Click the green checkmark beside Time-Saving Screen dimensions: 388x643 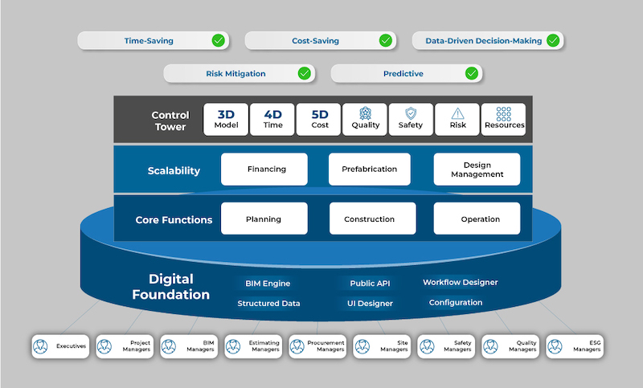(218, 40)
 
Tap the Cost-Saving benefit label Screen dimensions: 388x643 (315, 40)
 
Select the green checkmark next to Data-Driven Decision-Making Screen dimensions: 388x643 (552, 40)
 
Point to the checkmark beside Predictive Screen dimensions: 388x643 (472, 73)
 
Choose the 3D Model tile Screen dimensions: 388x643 (226, 119)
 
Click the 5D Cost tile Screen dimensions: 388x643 (319, 119)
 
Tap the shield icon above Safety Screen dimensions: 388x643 (412, 113)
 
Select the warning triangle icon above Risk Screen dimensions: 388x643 (458, 113)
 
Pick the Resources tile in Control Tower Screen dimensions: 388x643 (504, 119)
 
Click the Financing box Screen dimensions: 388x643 (264, 169)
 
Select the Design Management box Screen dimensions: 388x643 (477, 169)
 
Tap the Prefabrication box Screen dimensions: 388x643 (370, 169)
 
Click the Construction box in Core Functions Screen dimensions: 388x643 (370, 219)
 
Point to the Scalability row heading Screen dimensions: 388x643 (174, 170)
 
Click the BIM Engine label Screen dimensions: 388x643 (268, 283)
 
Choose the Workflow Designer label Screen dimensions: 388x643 (460, 282)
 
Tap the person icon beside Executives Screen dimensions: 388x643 (41, 346)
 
